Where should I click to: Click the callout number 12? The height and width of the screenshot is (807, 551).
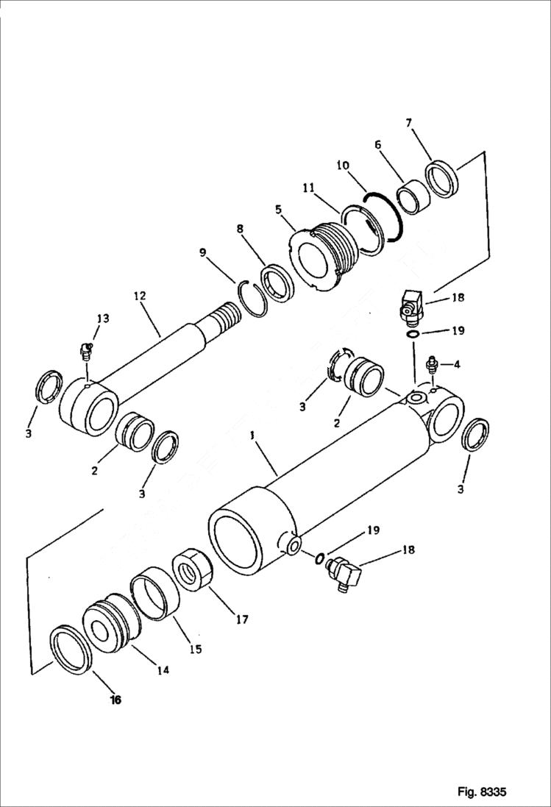141,296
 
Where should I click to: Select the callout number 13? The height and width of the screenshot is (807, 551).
102,318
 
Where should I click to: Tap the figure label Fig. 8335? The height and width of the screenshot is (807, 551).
481,792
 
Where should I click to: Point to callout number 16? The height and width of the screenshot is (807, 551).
115,700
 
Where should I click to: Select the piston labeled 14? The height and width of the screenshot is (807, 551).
110,622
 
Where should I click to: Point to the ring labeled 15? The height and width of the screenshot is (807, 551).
155,593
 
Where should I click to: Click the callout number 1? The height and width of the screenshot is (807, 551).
252,436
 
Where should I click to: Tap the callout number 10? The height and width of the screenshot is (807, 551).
343,168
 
